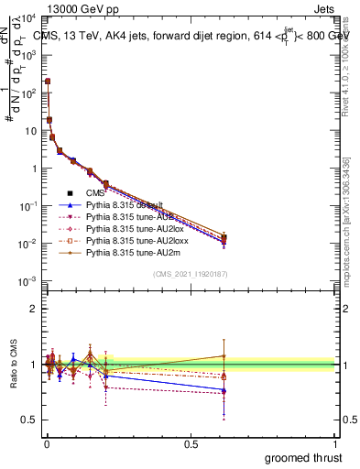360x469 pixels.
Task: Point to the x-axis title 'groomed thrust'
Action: pos(303,457)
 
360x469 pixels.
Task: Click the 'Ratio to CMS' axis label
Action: pos(13,364)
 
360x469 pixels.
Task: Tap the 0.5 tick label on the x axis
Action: pos(191,443)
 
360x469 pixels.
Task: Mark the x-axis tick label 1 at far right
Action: pos(336,443)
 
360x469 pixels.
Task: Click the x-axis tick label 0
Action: pos(45,443)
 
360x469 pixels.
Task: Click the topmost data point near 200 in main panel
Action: pos(47,82)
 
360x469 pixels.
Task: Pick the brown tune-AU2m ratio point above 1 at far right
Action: pos(224,355)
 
